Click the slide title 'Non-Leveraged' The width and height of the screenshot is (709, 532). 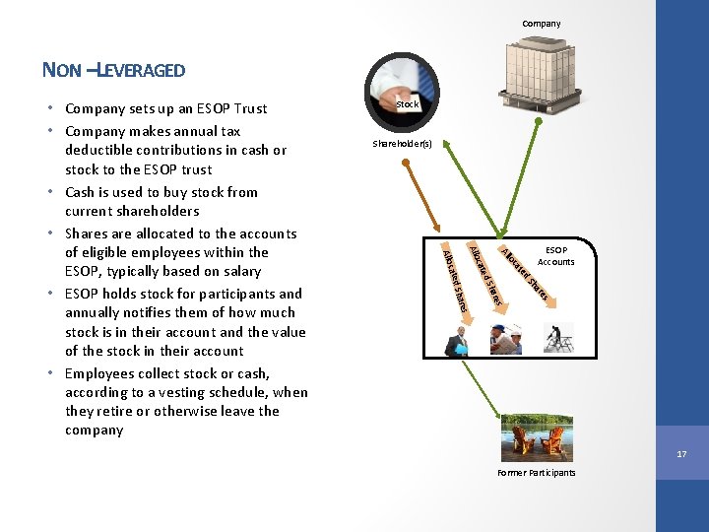pyautogui.click(x=113, y=69)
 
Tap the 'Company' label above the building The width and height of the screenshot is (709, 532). pyautogui.click(x=541, y=24)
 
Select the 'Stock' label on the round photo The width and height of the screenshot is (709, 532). pyautogui.click(x=407, y=103)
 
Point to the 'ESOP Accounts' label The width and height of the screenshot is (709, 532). pyautogui.click(x=556, y=255)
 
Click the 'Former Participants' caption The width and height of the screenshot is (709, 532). pyautogui.click(x=536, y=473)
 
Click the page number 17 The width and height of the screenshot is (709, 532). pyautogui.click(x=680, y=454)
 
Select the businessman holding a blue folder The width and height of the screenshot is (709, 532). pyautogui.click(x=458, y=340)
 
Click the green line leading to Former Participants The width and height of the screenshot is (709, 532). pyautogui.click(x=497, y=384)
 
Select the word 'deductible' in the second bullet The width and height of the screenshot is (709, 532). pyautogui.click(x=103, y=150)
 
